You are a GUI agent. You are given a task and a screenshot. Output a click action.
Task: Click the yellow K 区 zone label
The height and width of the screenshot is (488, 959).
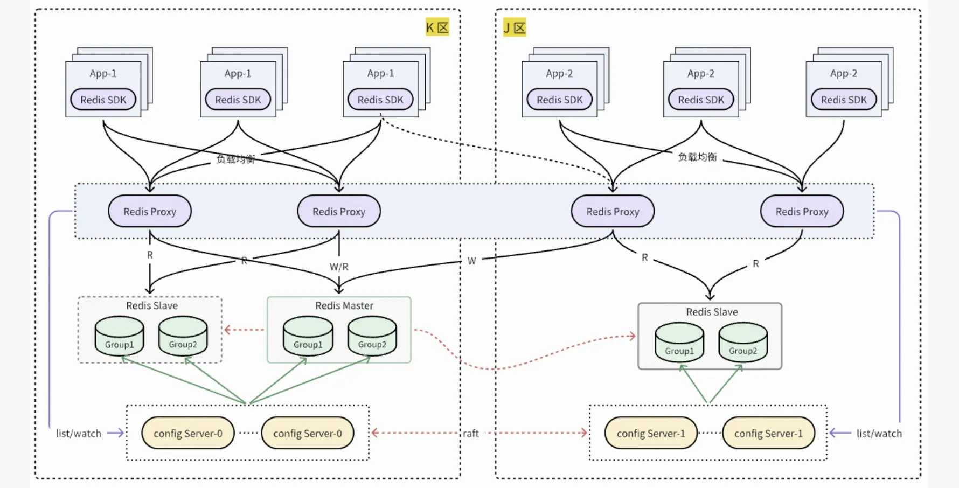437,27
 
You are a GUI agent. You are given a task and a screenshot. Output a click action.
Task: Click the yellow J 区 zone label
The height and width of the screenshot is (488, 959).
514,27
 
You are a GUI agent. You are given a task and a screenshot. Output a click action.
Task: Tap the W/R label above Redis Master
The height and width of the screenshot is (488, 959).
339,267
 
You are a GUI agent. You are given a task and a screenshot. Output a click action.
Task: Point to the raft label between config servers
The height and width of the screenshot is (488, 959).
470,433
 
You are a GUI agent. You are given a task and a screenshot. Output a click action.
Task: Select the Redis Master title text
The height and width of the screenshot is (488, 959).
344,305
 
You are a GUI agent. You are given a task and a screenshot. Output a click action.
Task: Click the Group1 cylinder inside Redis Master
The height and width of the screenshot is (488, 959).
308,337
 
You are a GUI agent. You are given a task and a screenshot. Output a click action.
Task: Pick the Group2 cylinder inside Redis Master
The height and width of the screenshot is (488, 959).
372,337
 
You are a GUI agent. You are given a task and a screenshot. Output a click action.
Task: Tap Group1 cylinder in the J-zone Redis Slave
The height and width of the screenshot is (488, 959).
679,343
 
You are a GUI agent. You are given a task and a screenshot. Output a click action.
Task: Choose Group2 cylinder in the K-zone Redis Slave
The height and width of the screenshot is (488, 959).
183,337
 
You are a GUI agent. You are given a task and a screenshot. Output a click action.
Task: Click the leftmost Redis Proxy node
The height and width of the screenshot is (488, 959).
150,212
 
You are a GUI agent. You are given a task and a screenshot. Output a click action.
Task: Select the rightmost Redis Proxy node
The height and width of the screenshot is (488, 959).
802,212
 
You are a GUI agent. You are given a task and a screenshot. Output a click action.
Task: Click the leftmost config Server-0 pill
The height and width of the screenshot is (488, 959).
188,433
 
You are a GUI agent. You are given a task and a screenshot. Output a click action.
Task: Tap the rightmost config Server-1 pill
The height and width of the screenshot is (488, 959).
768,433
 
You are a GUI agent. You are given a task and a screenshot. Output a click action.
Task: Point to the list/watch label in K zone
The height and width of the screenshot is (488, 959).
79,433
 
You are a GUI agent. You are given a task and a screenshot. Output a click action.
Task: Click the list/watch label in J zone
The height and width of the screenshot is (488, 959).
879,433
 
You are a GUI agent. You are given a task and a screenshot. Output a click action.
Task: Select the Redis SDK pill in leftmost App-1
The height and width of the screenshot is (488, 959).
103,100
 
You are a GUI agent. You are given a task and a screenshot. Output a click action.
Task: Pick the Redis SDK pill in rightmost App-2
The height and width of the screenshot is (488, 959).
844,100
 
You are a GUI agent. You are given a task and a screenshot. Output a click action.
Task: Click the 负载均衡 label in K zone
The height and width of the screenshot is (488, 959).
235,159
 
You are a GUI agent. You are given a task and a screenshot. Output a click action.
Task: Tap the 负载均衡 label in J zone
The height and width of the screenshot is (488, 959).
697,157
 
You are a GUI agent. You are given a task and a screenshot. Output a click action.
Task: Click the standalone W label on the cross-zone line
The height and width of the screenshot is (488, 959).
471,261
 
